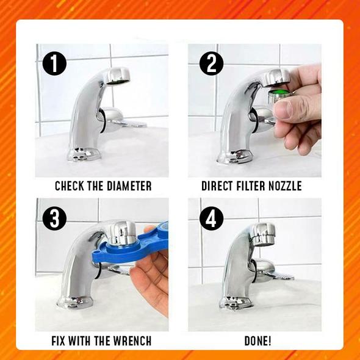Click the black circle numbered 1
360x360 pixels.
(54, 63)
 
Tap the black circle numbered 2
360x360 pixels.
(212, 63)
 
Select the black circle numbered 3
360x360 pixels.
(54, 218)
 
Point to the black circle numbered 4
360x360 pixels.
(212, 218)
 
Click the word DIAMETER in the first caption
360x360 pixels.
(129, 186)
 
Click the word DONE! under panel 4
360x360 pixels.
(258, 340)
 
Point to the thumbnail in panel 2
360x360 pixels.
(283, 110)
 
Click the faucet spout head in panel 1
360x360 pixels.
(117, 76)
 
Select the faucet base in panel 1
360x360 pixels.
(84, 154)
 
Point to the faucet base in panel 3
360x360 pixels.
(75, 301)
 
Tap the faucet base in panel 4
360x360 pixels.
(236, 303)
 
